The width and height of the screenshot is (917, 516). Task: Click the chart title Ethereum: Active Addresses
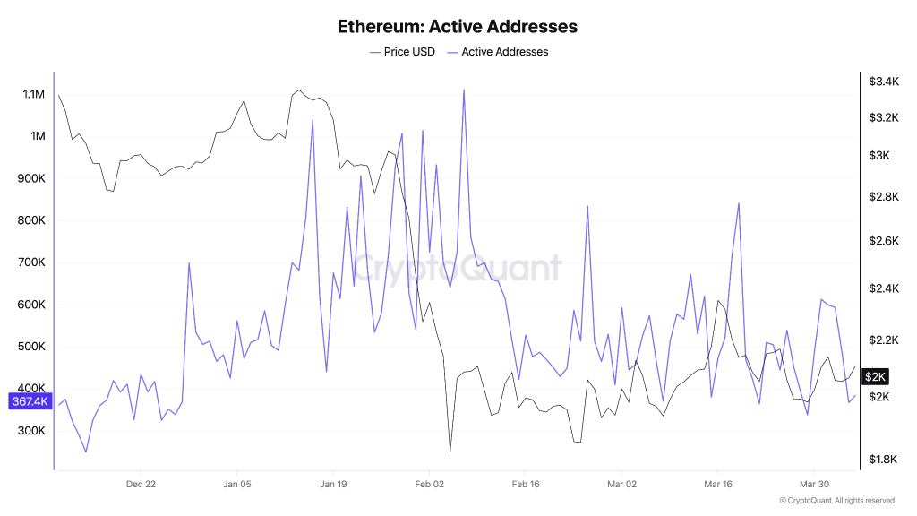coord(458,26)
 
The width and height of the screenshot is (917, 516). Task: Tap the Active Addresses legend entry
coord(504,52)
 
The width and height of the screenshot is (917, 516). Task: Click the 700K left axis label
coord(33,262)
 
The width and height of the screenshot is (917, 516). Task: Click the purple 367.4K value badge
coord(29,401)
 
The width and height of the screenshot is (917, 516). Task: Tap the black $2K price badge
coord(875,377)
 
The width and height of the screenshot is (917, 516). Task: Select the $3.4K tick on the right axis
coord(883,82)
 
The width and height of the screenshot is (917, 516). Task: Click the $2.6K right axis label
coord(883,241)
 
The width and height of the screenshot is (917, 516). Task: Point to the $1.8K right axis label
coord(883,460)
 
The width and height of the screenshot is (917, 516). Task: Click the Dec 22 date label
coord(141,484)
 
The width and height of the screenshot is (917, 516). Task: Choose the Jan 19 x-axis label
coord(333,484)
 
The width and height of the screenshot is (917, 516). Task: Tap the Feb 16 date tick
coord(526,484)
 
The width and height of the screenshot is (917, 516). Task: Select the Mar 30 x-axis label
coord(814,484)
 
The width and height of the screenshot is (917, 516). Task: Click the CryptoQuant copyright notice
coord(836,501)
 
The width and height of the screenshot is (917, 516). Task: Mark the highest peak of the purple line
coord(464,90)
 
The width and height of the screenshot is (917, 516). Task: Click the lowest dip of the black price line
coord(450,451)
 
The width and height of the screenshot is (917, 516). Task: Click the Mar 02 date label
coord(621,484)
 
